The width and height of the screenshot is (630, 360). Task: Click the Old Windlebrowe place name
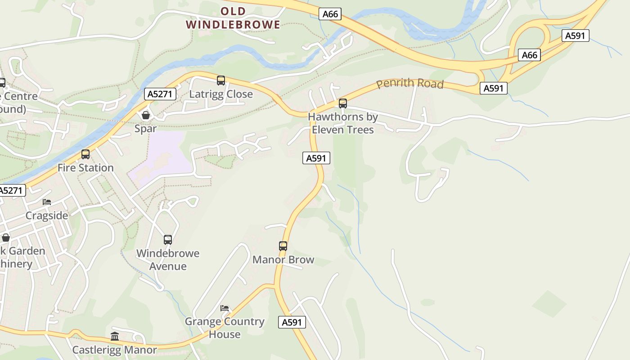tap(233, 18)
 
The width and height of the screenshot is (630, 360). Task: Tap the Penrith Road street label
tap(410, 84)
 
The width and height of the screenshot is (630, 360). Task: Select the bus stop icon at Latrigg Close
tap(221, 81)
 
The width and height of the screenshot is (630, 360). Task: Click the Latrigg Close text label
tap(221, 94)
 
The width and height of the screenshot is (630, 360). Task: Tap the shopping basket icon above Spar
tap(146, 115)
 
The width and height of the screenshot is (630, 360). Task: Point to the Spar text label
tap(146, 129)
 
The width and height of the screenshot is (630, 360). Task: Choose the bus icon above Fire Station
tap(85, 154)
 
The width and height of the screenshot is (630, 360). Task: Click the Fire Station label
tap(85, 168)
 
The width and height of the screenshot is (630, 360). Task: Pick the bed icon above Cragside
tap(47, 202)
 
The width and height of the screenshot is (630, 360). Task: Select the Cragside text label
tap(47, 216)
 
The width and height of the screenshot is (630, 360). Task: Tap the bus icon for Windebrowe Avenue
tap(168, 240)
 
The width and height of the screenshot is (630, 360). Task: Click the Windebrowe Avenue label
tap(168, 260)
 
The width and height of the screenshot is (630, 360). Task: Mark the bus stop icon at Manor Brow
tap(283, 246)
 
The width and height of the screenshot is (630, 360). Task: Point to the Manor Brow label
tap(283, 260)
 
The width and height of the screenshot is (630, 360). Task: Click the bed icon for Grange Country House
tap(225, 308)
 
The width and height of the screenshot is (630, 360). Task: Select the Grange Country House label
tap(225, 328)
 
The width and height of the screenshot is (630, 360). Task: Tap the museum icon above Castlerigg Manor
tap(115, 336)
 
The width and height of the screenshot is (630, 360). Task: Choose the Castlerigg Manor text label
tap(115, 350)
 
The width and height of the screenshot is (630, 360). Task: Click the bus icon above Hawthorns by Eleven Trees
tap(343, 103)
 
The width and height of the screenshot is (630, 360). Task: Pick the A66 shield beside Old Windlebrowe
tap(330, 14)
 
